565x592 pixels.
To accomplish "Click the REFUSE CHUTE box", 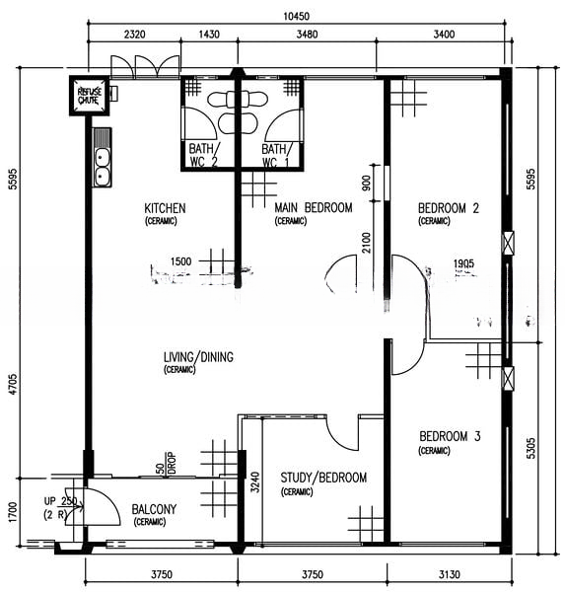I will pyautogui.click(x=90, y=95).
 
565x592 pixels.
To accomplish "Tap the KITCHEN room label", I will pyautogui.click(x=165, y=209).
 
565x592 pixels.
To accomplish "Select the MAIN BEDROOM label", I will pyautogui.click(x=313, y=208).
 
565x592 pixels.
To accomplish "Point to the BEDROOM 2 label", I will pyautogui.click(x=448, y=208).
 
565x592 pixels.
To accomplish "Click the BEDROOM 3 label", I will pyautogui.click(x=449, y=437).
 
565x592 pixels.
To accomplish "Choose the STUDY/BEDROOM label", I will pyautogui.click(x=322, y=479).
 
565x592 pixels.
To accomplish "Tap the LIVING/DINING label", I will pyautogui.click(x=198, y=357).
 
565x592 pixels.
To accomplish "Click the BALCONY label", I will pyautogui.click(x=154, y=510).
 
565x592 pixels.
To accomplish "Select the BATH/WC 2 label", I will pyautogui.click(x=205, y=155).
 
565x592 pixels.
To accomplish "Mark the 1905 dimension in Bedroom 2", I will pyautogui.click(x=464, y=264).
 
